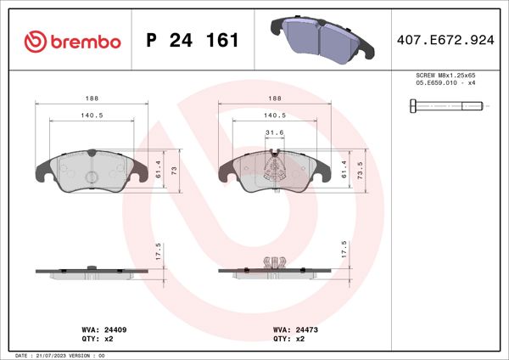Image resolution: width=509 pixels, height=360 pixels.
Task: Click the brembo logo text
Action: pos(72,41)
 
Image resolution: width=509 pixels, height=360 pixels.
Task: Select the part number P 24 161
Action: pos(193,41)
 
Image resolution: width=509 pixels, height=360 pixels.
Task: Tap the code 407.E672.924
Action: pos(445,40)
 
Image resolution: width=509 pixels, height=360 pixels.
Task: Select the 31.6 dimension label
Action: pos(274,132)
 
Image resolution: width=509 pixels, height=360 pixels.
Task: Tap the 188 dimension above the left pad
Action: pos(92,98)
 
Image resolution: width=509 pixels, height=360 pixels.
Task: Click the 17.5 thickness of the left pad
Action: pos(158,251)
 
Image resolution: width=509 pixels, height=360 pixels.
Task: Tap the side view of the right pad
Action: pos(274,268)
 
